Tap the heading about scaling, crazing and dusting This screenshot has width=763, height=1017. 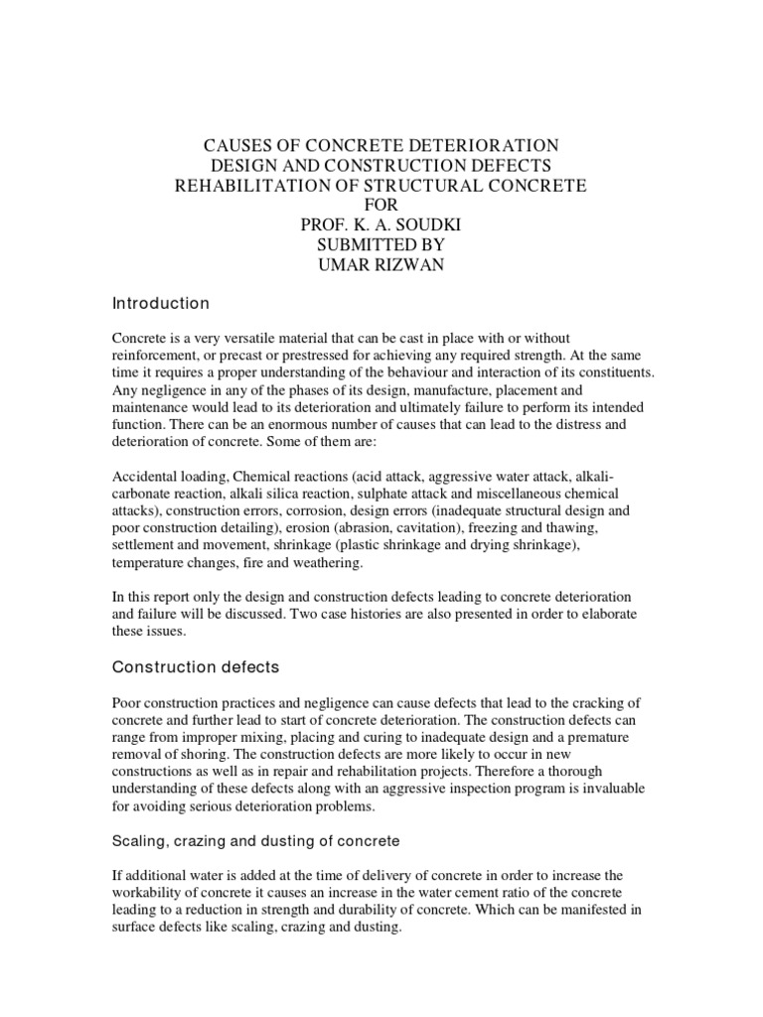click(256, 840)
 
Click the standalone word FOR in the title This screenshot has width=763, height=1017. click(381, 207)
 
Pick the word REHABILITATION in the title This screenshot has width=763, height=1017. click(256, 188)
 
